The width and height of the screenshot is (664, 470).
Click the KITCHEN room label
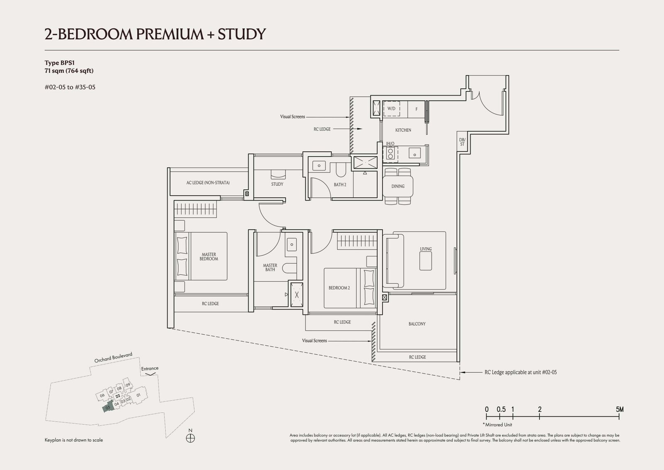pyautogui.click(x=403, y=130)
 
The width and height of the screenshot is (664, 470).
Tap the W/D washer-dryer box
pyautogui.click(x=392, y=108)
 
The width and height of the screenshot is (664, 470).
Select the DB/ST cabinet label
pyautogui.click(x=462, y=142)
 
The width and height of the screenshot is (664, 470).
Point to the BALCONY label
pyautogui.click(x=417, y=324)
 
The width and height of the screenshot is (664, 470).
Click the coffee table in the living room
pyautogui.click(x=426, y=261)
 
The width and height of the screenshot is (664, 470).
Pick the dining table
pyautogui.click(x=398, y=186)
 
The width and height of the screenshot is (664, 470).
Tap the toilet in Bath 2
pyautogui.click(x=341, y=170)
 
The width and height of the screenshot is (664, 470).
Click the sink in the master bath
pyautogui.click(x=292, y=245)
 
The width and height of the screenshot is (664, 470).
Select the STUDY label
pyautogui.click(x=277, y=185)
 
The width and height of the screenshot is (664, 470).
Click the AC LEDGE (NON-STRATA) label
pyautogui.click(x=208, y=183)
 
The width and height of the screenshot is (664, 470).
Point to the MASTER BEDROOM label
pyautogui.click(x=209, y=256)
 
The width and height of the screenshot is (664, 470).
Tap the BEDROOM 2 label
pyautogui.click(x=339, y=288)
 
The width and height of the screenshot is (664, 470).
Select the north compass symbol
pyautogui.click(x=190, y=438)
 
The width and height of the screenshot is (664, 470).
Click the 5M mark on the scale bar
pyautogui.click(x=620, y=409)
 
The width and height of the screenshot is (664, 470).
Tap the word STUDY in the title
pyautogui.click(x=242, y=34)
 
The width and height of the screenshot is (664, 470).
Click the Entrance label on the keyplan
pyautogui.click(x=150, y=369)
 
